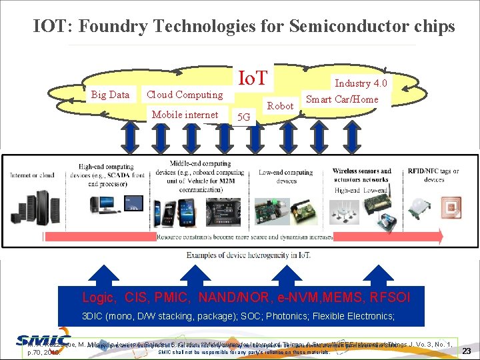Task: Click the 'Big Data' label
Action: click(110, 95)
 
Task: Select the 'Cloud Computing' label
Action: click(185, 95)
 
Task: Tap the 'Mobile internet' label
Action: click(185, 115)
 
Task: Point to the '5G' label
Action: click(245, 117)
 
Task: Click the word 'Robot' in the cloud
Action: click(280, 106)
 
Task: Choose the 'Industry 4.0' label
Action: click(361, 83)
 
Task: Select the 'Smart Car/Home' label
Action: click(341, 99)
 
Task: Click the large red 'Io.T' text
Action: click(253, 79)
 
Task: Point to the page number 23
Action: click(467, 351)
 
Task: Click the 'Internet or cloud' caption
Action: click(31, 175)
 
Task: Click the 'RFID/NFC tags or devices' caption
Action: click(433, 175)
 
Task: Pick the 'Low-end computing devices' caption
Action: click(286, 176)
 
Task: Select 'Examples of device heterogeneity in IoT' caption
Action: click(247, 255)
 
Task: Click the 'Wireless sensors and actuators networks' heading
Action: click(362, 175)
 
